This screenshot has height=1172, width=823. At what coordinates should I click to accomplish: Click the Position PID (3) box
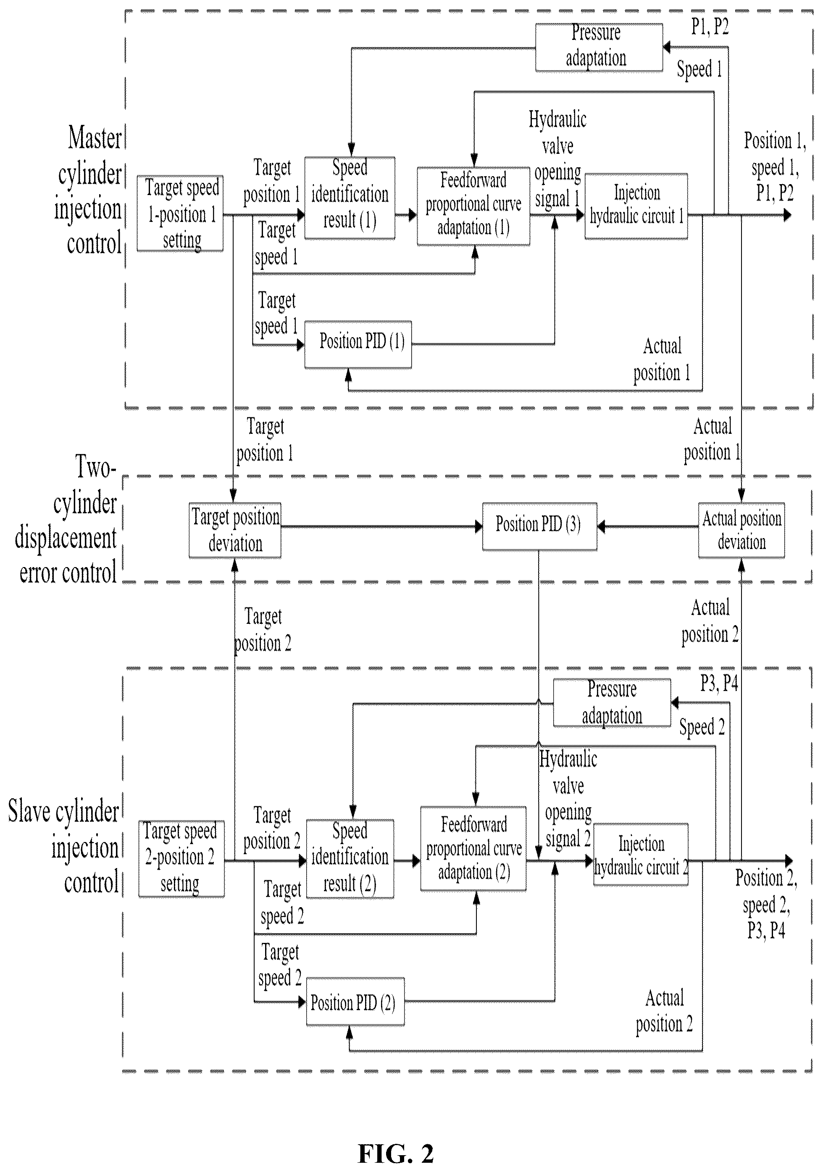pos(539,526)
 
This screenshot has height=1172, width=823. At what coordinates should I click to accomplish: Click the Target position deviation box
pos(235,531)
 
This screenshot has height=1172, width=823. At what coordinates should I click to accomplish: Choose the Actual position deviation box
pos(741,531)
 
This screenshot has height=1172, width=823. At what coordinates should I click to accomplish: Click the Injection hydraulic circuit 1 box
pos(636,206)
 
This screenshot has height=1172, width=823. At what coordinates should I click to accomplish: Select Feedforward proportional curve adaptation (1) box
pos(473,206)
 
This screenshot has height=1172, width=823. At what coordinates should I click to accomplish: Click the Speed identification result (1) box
pos(350,198)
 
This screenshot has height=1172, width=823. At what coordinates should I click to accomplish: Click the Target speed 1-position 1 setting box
pos(180,214)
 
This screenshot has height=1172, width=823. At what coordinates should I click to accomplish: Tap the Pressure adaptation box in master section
pos(599,48)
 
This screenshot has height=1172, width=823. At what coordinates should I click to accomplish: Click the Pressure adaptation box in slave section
pos(612,702)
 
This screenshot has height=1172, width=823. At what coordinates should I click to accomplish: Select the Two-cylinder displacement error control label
pos(66,520)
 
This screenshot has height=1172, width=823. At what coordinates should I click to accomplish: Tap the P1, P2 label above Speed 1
pos(710,26)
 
